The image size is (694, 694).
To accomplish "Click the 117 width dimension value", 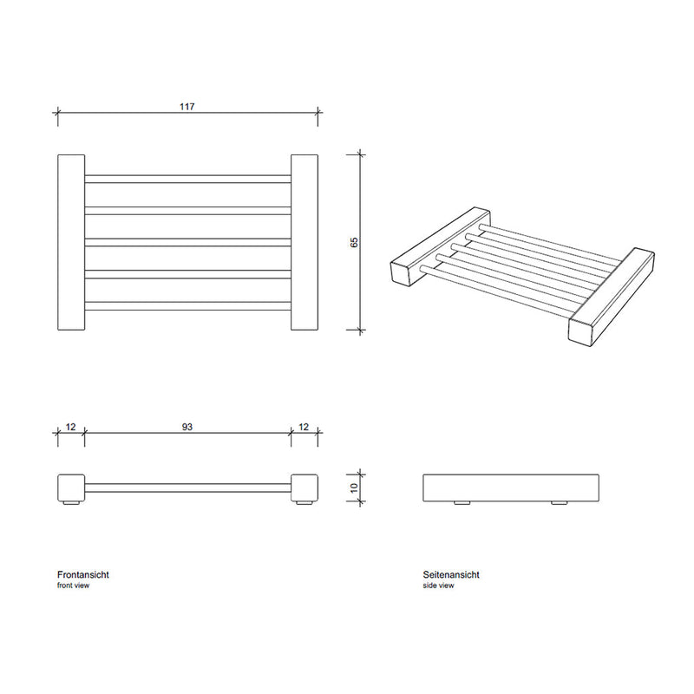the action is (x=187, y=107).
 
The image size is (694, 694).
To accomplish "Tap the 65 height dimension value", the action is (x=354, y=243).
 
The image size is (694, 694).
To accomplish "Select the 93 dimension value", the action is (x=187, y=427).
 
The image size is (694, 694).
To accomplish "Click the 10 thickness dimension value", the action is (x=354, y=488).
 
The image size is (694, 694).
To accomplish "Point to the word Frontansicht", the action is (x=83, y=574).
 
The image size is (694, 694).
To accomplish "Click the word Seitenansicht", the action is (x=451, y=574).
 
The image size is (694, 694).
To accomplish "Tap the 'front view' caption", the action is (x=73, y=586).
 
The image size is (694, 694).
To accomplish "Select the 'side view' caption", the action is (x=438, y=586).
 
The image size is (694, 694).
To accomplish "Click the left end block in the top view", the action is (x=71, y=242).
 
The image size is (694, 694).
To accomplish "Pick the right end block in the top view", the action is (x=304, y=242).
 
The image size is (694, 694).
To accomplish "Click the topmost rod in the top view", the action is (x=187, y=179).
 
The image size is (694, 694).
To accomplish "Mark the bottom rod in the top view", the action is (x=187, y=306).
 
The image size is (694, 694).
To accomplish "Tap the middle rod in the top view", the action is (x=187, y=243).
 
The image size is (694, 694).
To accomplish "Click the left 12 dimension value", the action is (x=71, y=427).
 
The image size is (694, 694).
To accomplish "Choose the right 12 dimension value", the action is (x=304, y=427).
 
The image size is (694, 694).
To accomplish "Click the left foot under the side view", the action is (x=462, y=503).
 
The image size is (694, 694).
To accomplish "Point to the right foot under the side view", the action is (x=560, y=503).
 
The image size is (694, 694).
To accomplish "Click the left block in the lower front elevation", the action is (x=71, y=488).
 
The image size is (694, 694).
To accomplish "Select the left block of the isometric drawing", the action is (x=441, y=246).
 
